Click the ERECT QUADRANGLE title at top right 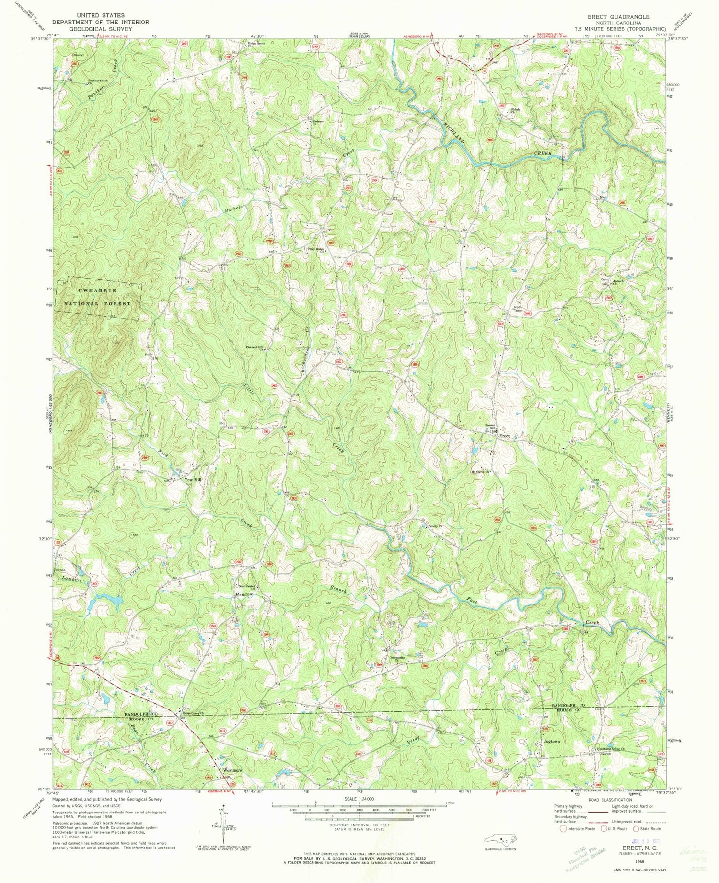[619, 16]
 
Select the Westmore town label [232, 770]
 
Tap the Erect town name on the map [504, 436]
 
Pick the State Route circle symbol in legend [637, 828]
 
